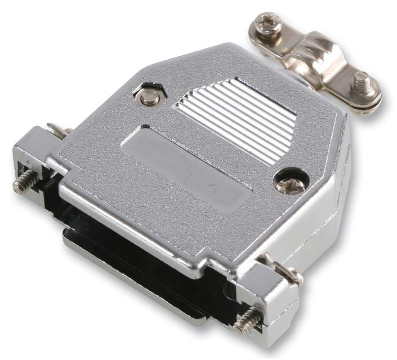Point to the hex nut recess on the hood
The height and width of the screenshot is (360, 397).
coord(149,96)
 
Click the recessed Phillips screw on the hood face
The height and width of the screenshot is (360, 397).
coord(290,183)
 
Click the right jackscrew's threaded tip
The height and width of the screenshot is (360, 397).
coord(244,324)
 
